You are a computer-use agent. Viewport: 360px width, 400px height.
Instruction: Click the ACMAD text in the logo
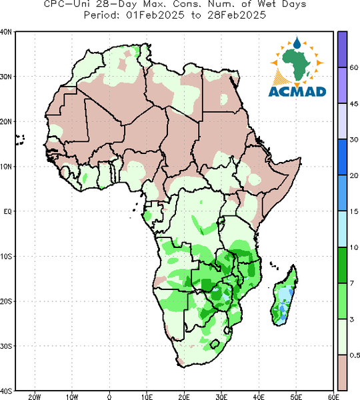[x=297, y=92]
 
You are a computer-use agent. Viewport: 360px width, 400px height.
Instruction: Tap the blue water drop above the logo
[x=297, y=43]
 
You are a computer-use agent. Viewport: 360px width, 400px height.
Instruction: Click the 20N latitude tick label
[x=6, y=122]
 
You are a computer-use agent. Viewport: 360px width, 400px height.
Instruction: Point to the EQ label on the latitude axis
[x=7, y=211]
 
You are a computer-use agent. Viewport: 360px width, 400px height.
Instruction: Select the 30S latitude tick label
[x=6, y=346]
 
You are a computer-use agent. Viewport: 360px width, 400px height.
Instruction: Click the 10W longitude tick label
[x=72, y=397]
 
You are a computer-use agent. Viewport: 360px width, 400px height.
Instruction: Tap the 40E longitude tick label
[x=259, y=397]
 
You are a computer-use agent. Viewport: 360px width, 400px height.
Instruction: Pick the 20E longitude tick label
[x=184, y=397]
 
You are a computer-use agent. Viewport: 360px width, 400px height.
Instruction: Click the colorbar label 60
[x=354, y=67]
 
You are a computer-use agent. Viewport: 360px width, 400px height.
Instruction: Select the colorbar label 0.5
[x=355, y=355]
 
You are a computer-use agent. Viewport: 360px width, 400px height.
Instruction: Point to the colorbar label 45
[x=354, y=103]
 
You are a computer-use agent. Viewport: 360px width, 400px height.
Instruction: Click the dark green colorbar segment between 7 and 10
[x=343, y=265]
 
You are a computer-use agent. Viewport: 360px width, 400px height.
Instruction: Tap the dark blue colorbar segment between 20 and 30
[x=343, y=157]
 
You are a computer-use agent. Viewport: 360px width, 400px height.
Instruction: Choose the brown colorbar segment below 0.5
[x=343, y=373]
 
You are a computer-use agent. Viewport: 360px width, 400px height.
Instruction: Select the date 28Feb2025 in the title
[x=237, y=15]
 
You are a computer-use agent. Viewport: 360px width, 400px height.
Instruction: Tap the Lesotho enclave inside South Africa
[x=215, y=344]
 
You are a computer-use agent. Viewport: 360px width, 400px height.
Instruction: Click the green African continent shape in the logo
[x=297, y=64]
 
